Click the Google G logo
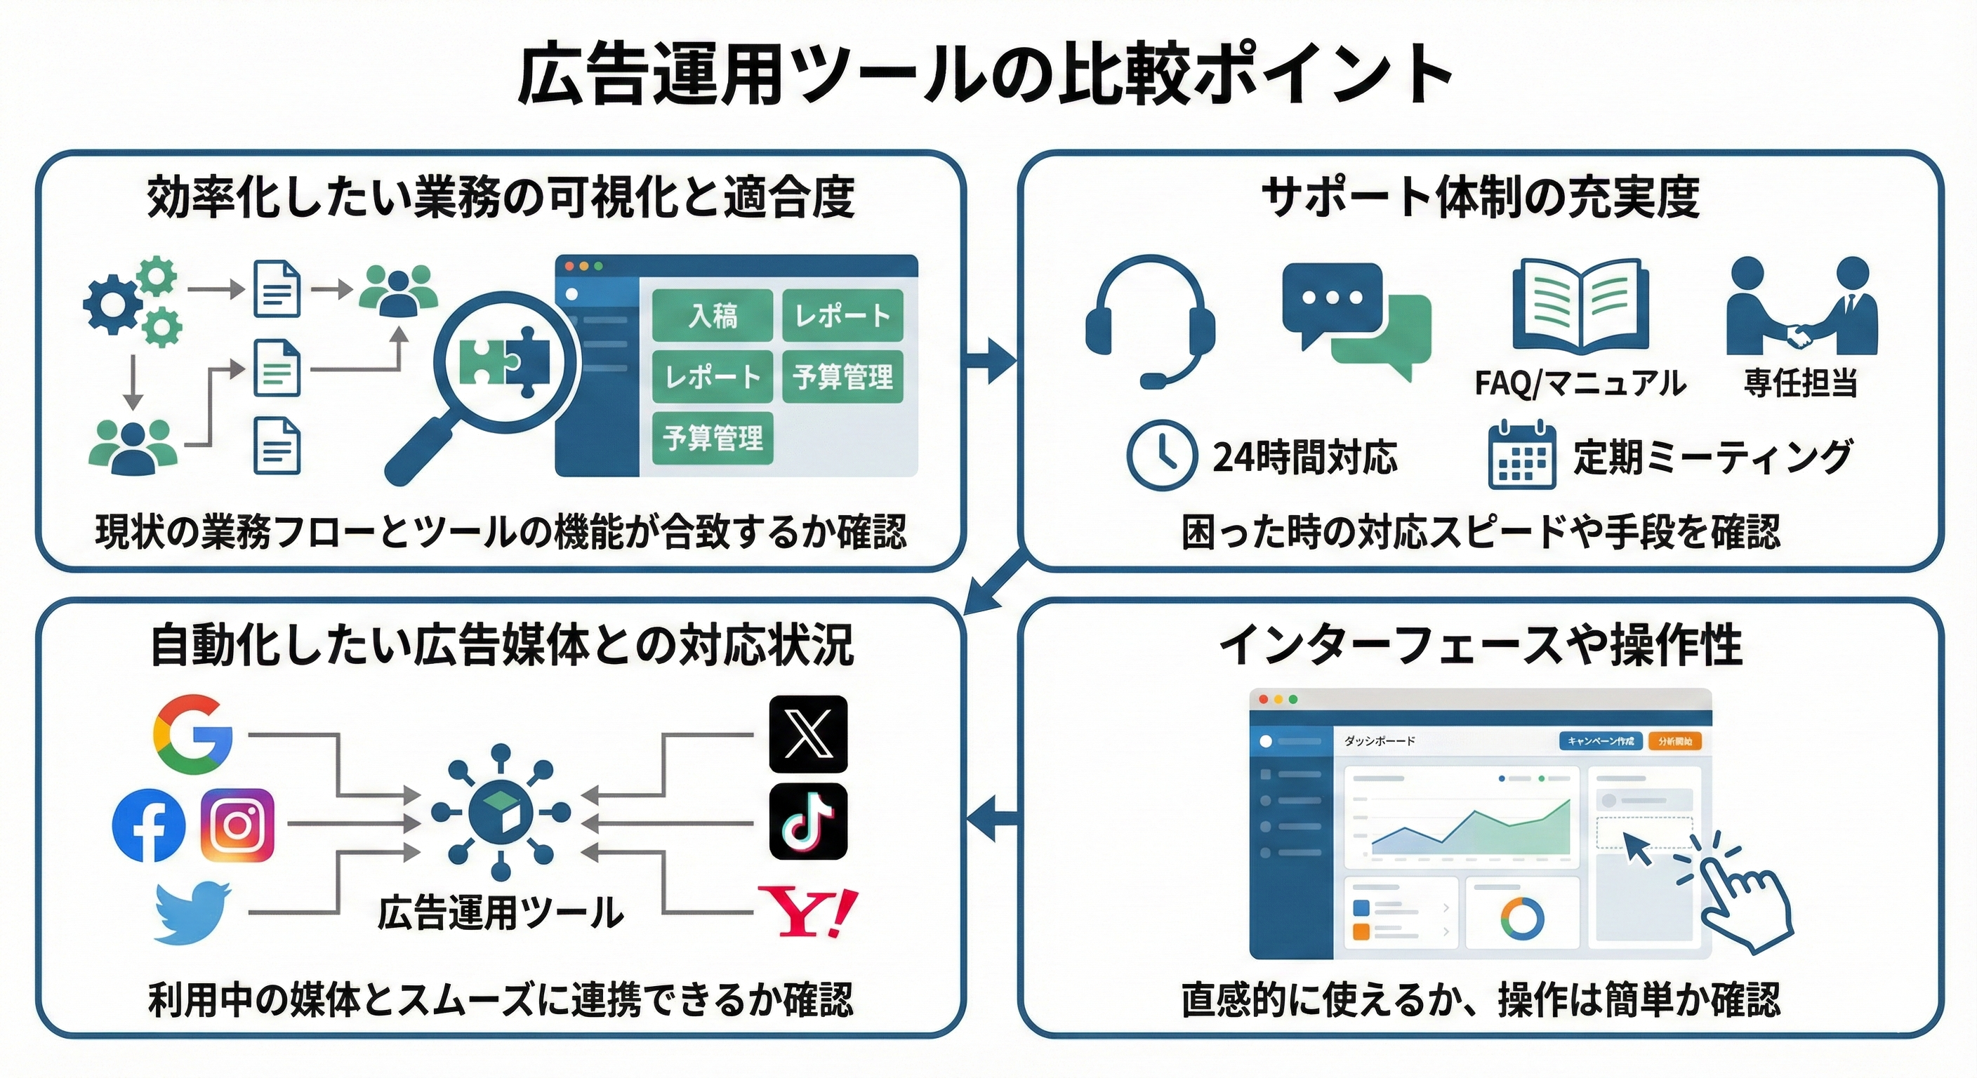tap(192, 734)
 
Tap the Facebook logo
tap(149, 825)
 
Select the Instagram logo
tap(237, 825)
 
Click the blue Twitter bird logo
tap(192, 912)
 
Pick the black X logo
tap(808, 733)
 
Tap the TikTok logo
tap(808, 822)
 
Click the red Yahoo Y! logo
tap(807, 912)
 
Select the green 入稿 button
tap(712, 315)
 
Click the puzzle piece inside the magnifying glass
tap(504, 362)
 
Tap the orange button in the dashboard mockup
tap(1674, 741)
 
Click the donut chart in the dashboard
tap(1522, 919)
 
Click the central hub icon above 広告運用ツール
tap(501, 812)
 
